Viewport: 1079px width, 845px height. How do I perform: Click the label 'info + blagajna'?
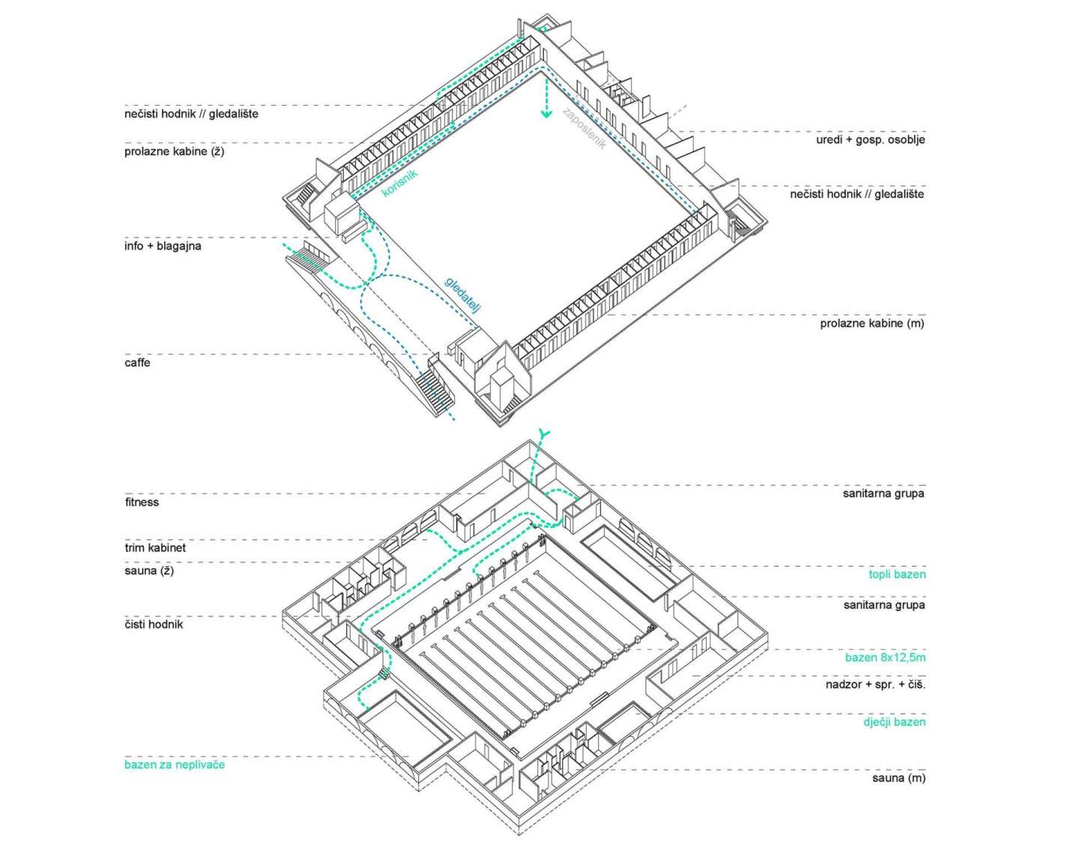click(x=163, y=246)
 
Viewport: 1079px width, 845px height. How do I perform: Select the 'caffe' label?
click(x=137, y=363)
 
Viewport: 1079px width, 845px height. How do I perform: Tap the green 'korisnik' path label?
click(x=399, y=183)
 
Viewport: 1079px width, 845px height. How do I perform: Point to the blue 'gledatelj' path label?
click(x=462, y=294)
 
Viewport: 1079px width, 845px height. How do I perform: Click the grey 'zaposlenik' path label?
click(x=584, y=128)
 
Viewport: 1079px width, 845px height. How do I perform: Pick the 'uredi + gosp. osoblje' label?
click(x=870, y=140)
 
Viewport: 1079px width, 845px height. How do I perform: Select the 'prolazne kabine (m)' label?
click(x=872, y=324)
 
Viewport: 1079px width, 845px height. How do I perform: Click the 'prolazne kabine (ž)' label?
click(x=174, y=151)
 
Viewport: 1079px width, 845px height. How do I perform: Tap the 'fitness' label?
click(x=142, y=502)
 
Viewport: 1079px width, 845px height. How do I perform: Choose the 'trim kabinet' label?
click(x=155, y=548)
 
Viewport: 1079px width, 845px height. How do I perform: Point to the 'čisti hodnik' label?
click(x=154, y=624)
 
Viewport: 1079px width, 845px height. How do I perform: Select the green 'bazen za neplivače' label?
click(x=175, y=765)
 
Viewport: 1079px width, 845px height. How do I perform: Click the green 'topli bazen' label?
click(x=897, y=575)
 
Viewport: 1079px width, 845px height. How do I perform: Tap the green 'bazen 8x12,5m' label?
click(x=885, y=658)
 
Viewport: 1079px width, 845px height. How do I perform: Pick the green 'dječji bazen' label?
click(x=894, y=723)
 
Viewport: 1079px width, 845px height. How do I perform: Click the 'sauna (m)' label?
click(x=898, y=778)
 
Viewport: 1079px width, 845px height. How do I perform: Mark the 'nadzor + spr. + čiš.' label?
click(x=875, y=685)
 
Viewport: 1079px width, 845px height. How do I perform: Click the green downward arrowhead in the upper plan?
click(x=546, y=113)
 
